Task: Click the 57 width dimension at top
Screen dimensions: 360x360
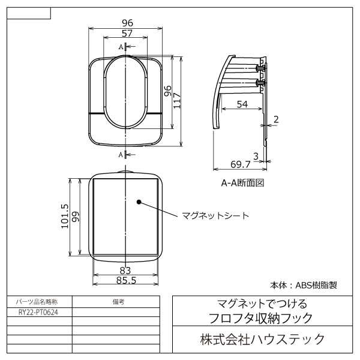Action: click(x=127, y=34)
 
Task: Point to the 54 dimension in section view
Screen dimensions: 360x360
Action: click(x=242, y=104)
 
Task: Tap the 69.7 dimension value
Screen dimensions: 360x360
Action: click(x=240, y=164)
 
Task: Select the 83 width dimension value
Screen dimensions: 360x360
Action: click(x=125, y=270)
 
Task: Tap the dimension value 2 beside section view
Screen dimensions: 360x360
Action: click(x=275, y=119)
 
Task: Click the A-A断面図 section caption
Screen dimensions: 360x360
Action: click(x=243, y=182)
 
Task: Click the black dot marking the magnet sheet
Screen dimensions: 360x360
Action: click(x=139, y=202)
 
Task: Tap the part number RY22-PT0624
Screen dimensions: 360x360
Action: click(x=39, y=312)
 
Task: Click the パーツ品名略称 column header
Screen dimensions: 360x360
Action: click(x=39, y=302)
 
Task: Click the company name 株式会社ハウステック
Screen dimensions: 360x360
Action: click(x=262, y=340)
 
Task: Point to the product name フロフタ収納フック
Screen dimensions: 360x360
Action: click(x=262, y=316)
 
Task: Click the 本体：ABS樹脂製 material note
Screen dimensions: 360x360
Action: click(x=304, y=285)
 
